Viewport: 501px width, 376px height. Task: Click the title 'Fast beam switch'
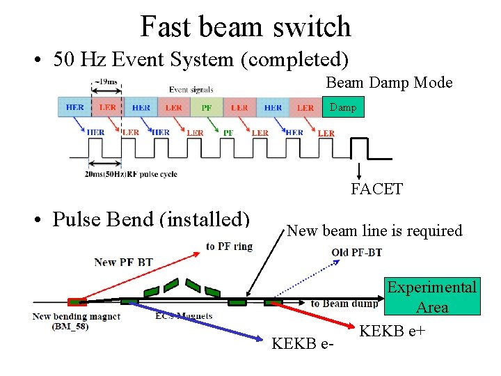(x=246, y=26)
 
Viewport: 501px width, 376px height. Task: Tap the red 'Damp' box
(x=342, y=107)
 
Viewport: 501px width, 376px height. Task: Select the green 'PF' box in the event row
(x=207, y=108)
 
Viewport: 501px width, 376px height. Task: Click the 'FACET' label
(x=376, y=189)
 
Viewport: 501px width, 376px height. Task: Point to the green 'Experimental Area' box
(x=432, y=297)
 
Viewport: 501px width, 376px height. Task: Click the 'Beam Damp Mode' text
(x=389, y=83)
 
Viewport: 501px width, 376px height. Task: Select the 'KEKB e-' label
(x=303, y=343)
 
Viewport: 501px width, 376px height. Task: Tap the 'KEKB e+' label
(x=392, y=331)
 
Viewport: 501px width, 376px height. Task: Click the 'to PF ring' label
(x=230, y=246)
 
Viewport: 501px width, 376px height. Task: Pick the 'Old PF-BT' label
(x=356, y=251)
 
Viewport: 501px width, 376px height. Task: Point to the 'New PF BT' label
(x=123, y=262)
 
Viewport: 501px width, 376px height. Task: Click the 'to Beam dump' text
(x=344, y=304)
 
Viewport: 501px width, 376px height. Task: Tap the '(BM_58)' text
(x=70, y=326)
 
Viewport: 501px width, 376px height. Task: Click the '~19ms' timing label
(x=106, y=83)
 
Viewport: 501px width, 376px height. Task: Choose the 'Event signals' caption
(x=191, y=89)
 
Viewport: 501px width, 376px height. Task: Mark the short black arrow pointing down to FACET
(x=359, y=170)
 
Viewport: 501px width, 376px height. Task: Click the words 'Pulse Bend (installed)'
(x=151, y=219)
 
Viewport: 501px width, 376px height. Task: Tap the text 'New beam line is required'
(x=374, y=230)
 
